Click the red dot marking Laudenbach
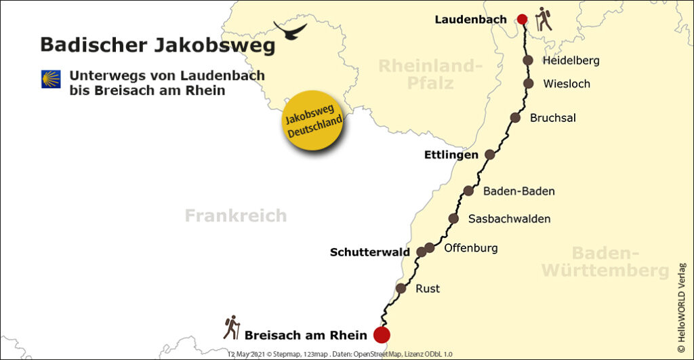[522, 20]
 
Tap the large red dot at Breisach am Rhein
[382, 334]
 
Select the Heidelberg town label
[571, 60]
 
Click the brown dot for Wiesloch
[529, 83]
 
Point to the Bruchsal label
[552, 118]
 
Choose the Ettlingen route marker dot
[490, 155]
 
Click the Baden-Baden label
[518, 191]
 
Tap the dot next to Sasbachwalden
[453, 218]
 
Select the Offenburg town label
[470, 248]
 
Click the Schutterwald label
[369, 252]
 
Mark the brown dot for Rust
[401, 288]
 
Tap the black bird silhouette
[289, 29]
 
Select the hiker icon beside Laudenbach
[543, 19]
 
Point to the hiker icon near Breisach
[232, 327]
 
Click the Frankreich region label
[236, 216]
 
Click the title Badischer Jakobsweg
[157, 45]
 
